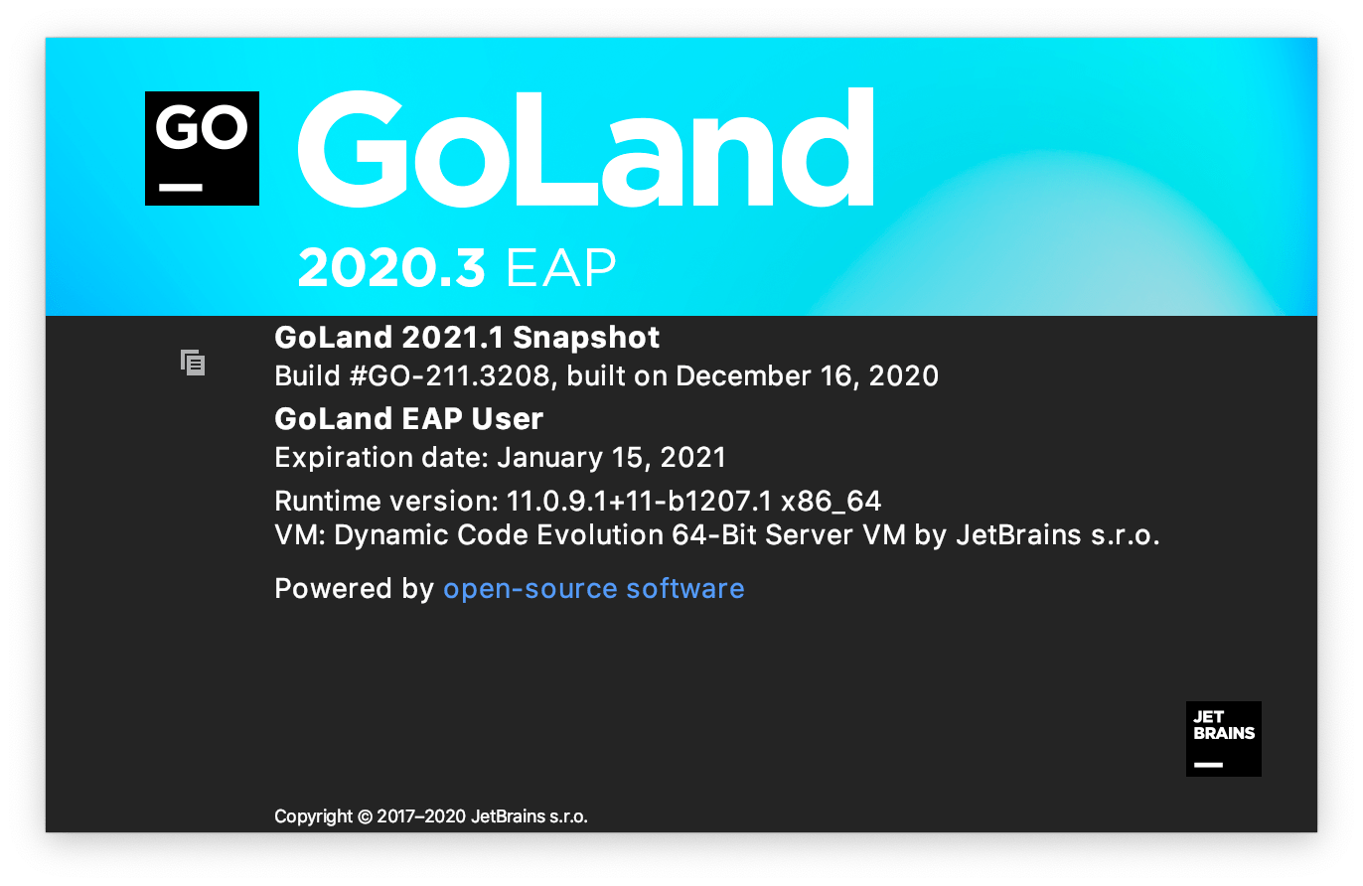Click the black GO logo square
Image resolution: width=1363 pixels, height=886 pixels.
click(x=202, y=148)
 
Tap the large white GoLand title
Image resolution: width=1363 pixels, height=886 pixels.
click(x=585, y=148)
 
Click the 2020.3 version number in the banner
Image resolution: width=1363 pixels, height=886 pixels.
click(x=391, y=268)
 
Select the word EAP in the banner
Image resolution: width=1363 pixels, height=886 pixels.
click(x=561, y=268)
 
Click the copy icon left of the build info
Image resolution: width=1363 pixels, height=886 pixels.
click(x=193, y=363)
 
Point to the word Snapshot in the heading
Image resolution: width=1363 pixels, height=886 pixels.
click(x=586, y=338)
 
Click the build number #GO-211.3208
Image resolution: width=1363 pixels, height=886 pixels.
click(x=450, y=376)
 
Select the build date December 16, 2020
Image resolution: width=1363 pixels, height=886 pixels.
click(x=807, y=376)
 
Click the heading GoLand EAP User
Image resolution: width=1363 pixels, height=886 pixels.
click(x=408, y=418)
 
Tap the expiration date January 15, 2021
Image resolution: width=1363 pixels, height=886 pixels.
click(x=612, y=458)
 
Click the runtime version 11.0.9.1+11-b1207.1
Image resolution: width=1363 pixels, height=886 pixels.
click(x=639, y=502)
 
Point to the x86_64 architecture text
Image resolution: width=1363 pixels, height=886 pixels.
click(x=832, y=502)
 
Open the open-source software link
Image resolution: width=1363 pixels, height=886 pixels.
click(x=594, y=589)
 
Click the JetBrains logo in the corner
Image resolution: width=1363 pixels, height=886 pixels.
click(x=1224, y=739)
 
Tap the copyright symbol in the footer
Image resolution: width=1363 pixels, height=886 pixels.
click(x=366, y=816)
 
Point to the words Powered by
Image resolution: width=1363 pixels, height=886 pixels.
click(x=354, y=589)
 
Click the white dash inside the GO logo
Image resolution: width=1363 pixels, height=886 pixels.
click(x=181, y=188)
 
